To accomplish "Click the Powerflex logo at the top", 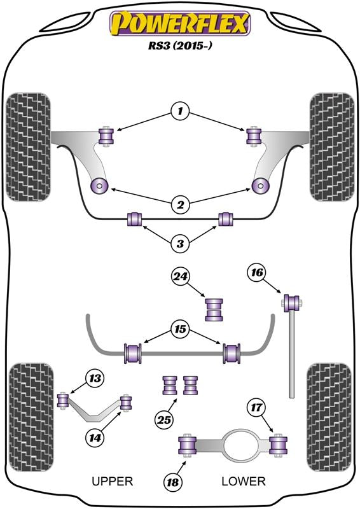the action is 180,23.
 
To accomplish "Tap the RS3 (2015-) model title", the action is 180,45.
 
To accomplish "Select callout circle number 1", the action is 180,112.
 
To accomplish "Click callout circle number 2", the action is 180,204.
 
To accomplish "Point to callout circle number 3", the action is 180,243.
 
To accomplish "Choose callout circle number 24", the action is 181,276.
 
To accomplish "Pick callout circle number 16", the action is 256,272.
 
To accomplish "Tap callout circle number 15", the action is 180,330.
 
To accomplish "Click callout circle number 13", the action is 95,378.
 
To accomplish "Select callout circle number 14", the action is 95,438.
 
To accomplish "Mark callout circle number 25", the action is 164,420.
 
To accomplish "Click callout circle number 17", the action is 256,407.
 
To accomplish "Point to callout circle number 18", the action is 173,482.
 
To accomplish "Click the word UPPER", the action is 113,481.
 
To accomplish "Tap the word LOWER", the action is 244,481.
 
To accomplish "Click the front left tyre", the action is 29,147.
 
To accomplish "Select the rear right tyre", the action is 329,417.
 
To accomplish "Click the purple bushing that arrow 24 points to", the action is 214,309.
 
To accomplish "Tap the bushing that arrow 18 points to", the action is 188,446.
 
